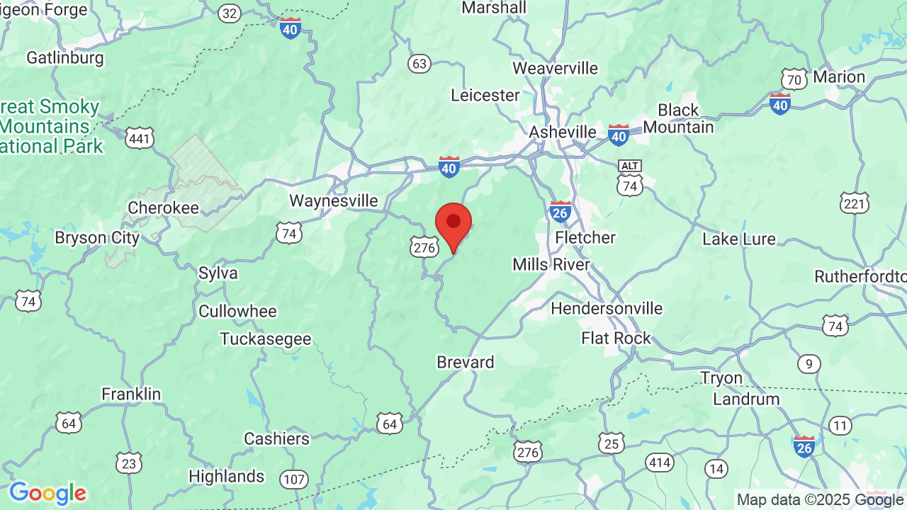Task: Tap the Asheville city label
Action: pyautogui.click(x=563, y=132)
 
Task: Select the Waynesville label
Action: pyautogui.click(x=334, y=200)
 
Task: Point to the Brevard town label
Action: pyautogui.click(x=465, y=362)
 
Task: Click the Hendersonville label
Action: pyautogui.click(x=607, y=308)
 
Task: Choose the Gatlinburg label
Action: pyautogui.click(x=65, y=57)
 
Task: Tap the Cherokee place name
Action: pyautogui.click(x=164, y=208)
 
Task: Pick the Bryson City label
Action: pyautogui.click(x=97, y=237)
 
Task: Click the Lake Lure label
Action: pyautogui.click(x=739, y=239)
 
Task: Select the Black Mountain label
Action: pyautogui.click(x=678, y=118)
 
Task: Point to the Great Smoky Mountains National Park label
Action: pyautogui.click(x=51, y=127)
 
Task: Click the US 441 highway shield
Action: pyautogui.click(x=140, y=138)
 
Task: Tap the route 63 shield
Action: pyautogui.click(x=419, y=64)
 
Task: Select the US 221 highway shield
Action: pyautogui.click(x=854, y=204)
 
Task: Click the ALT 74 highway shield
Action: pyautogui.click(x=629, y=177)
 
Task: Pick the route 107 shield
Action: pyautogui.click(x=293, y=480)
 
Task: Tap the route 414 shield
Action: pyautogui.click(x=659, y=463)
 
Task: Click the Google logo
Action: pyautogui.click(x=47, y=493)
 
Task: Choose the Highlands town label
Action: pyautogui.click(x=227, y=476)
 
